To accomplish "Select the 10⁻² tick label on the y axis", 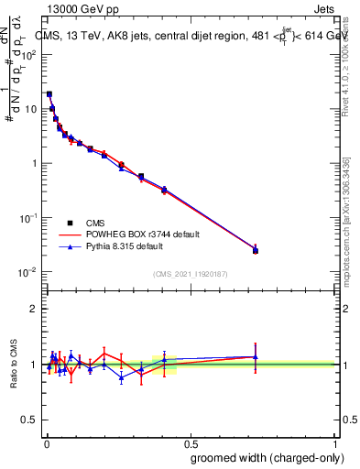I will point(28,272).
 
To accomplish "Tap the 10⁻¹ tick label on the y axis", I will point(28,218).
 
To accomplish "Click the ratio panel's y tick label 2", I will point(33,309).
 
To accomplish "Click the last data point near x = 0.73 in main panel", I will point(256,250).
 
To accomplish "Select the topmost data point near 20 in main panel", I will point(49,93).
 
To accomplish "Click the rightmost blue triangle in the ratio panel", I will point(256,357).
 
